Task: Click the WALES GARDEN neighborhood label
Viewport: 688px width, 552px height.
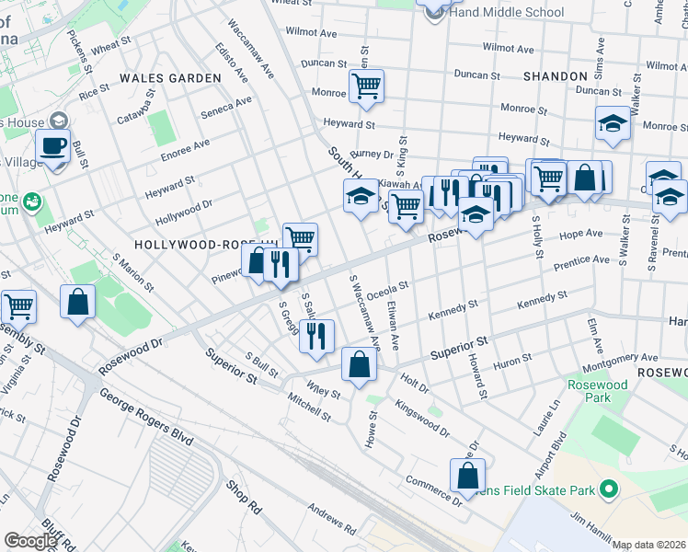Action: click(169, 78)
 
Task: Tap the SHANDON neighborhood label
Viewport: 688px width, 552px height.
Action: click(555, 76)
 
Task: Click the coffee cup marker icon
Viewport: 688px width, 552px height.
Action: click(53, 145)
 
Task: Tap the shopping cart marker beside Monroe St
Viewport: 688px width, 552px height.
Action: click(366, 87)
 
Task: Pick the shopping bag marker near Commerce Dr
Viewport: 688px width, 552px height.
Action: click(467, 476)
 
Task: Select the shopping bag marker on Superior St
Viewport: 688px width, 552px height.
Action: click(358, 364)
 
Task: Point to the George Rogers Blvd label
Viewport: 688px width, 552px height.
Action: click(145, 417)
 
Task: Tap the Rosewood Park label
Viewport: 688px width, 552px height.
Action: click(597, 391)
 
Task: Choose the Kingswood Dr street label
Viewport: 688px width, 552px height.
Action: click(421, 418)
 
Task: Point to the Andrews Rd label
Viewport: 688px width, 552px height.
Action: click(331, 519)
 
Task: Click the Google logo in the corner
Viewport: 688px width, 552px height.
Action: click(29, 541)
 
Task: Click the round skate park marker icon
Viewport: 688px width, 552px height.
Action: click(606, 490)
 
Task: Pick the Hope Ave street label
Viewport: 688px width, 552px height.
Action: click(580, 235)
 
